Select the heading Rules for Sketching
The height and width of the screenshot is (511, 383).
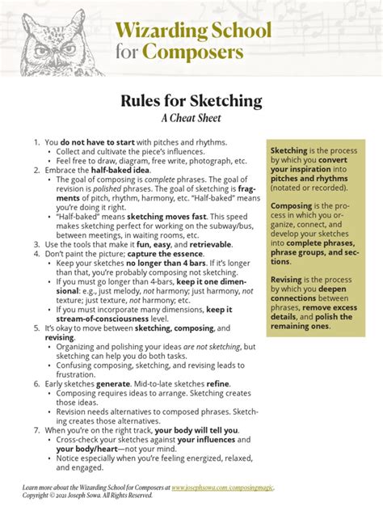coord(191,101)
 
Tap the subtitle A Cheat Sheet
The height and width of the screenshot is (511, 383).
coord(191,118)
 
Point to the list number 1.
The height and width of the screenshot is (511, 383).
coord(36,141)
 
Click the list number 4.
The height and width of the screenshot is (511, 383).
coord(36,252)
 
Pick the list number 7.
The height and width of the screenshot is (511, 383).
coord(36,430)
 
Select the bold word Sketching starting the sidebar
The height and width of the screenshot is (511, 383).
coord(288,151)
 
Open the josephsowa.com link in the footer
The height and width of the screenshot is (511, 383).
coord(222,488)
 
